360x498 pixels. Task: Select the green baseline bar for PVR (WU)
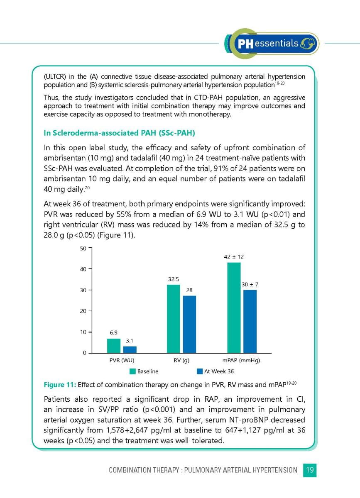[x=113, y=346]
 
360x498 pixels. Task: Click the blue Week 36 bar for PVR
[x=130, y=349]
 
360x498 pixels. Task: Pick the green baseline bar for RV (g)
[x=173, y=318]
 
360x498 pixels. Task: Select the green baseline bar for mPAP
[x=234, y=308]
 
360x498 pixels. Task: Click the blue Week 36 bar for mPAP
[x=250, y=321]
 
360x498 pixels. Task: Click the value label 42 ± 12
[x=234, y=257]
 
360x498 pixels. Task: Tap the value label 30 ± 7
[x=250, y=285]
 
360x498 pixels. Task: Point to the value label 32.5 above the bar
[x=174, y=279]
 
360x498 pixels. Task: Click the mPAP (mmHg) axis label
[x=242, y=361]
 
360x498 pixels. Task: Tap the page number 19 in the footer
[x=310, y=470]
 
